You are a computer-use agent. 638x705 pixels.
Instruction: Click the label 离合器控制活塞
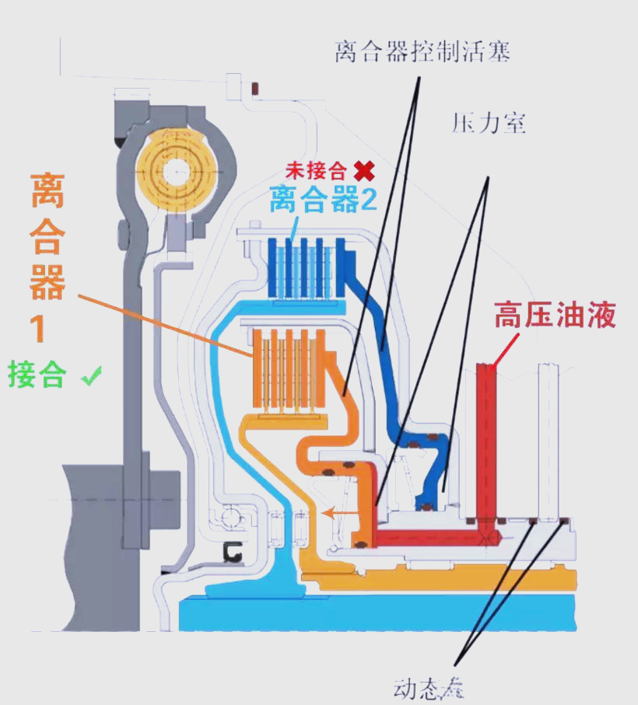click(422, 52)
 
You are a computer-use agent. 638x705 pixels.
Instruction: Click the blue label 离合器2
click(324, 200)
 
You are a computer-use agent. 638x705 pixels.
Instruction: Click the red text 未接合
click(316, 170)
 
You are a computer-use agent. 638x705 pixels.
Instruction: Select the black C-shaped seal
click(231, 551)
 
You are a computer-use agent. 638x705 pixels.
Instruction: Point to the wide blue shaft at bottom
click(373, 613)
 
